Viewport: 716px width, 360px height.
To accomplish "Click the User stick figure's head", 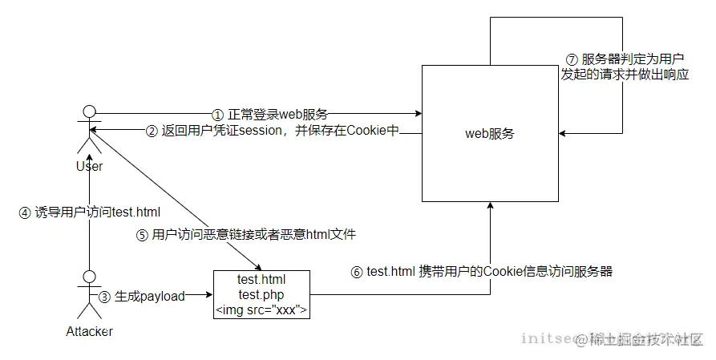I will [x=90, y=111].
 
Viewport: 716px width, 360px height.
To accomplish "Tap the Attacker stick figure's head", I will [x=90, y=277].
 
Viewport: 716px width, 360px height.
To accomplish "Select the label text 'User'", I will [x=89, y=166].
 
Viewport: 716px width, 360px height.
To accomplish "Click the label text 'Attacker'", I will [x=89, y=331].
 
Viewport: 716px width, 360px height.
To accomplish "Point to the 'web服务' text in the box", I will [x=490, y=134].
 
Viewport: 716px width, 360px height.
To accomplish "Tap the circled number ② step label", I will [x=152, y=130].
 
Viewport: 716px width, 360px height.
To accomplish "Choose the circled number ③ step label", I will [x=104, y=296].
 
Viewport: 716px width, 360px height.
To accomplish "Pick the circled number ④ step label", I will [x=25, y=212].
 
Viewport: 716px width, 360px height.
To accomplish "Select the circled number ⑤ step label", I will [x=142, y=235].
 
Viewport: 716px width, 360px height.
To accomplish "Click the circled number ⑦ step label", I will [x=572, y=59].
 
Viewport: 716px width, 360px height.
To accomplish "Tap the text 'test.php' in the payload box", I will [x=261, y=295].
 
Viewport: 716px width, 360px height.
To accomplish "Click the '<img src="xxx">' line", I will [x=261, y=310].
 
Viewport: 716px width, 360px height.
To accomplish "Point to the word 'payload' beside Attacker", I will [x=162, y=296].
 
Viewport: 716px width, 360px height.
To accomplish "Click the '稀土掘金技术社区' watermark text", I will [x=646, y=339].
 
